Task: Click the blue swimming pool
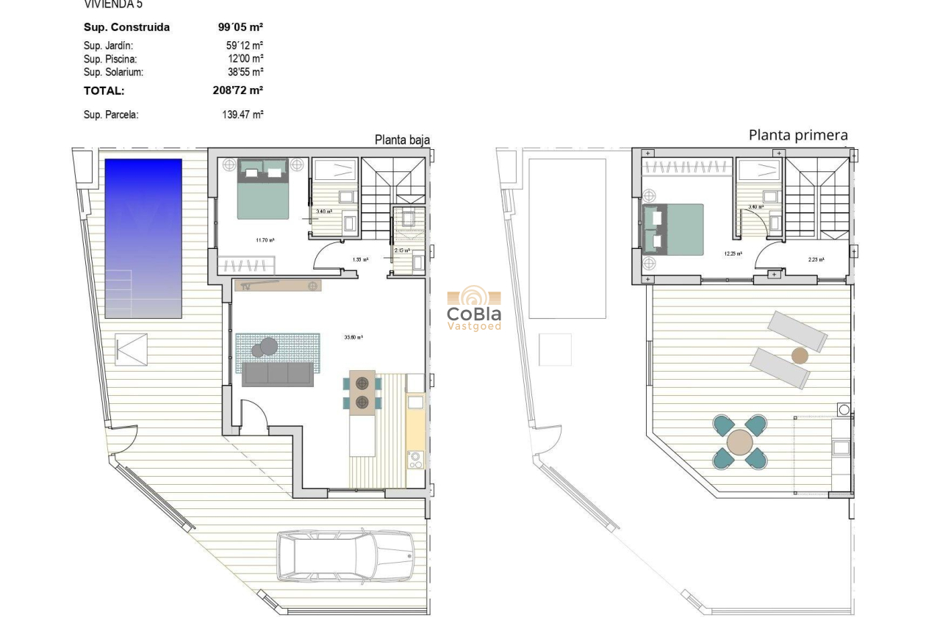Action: coord(143,239)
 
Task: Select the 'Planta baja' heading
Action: coord(402,140)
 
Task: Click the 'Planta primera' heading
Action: coord(798,135)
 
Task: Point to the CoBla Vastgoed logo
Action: coord(474,308)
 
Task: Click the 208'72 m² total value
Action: coord(237,91)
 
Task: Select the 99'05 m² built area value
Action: coord(240,27)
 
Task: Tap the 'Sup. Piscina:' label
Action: coord(110,59)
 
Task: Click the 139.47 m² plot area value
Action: coord(243,115)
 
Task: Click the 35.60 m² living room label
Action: coord(354,338)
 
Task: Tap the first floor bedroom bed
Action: coord(673,229)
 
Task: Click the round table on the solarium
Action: coord(739,443)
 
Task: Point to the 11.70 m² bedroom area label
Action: coord(265,240)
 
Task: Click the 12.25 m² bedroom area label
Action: coord(732,253)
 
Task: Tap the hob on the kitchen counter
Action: coord(415,460)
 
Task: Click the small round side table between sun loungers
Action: coord(799,356)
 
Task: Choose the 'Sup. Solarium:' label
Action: coord(113,72)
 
